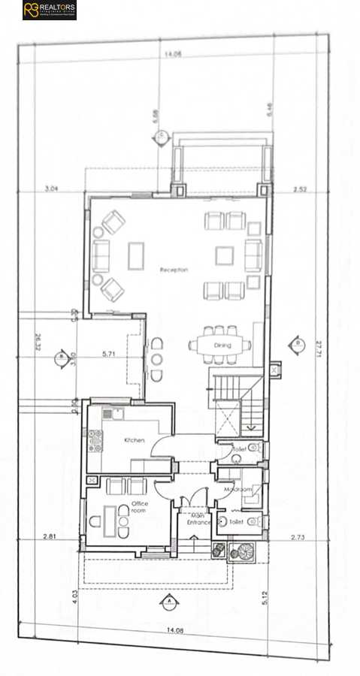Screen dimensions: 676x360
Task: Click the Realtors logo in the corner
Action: (x=50, y=10)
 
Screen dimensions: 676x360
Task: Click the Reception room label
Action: (x=174, y=269)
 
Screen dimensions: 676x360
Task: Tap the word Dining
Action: (x=223, y=345)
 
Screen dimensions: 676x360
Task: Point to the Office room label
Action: (x=140, y=506)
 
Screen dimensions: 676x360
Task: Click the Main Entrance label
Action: (x=198, y=518)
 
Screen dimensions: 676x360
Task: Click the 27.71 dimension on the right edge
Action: (x=319, y=347)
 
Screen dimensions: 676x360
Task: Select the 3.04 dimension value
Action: (x=52, y=189)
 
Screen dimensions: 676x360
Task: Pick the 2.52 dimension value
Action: (x=301, y=189)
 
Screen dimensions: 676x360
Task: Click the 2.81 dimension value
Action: (x=50, y=536)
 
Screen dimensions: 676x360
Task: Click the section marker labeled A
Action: (x=170, y=601)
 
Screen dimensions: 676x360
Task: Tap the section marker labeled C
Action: (x=160, y=136)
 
